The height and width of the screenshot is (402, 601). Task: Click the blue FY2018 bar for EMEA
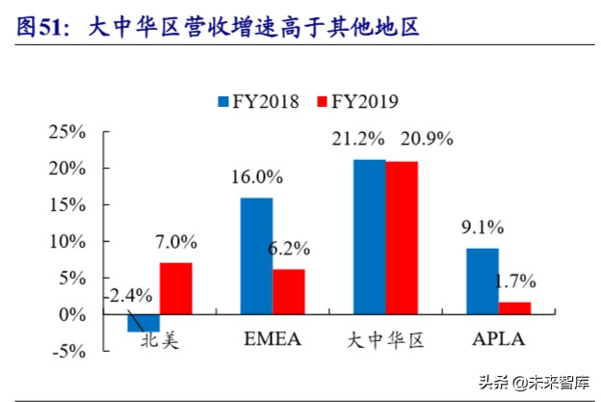(x=256, y=255)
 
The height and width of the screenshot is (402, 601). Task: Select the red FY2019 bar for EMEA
(x=289, y=291)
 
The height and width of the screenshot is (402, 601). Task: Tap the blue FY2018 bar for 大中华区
(x=369, y=236)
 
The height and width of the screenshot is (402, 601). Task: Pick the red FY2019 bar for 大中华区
(x=402, y=237)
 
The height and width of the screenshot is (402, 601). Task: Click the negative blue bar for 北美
(x=144, y=322)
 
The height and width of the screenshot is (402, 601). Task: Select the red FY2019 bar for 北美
(x=176, y=288)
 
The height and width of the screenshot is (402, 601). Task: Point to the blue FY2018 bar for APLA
(x=483, y=281)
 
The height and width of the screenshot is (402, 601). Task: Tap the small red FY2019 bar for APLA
(x=515, y=308)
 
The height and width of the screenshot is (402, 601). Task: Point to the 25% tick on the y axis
(x=66, y=131)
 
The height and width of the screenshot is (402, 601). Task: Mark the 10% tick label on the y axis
(x=66, y=241)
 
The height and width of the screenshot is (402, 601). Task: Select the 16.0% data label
(x=256, y=177)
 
